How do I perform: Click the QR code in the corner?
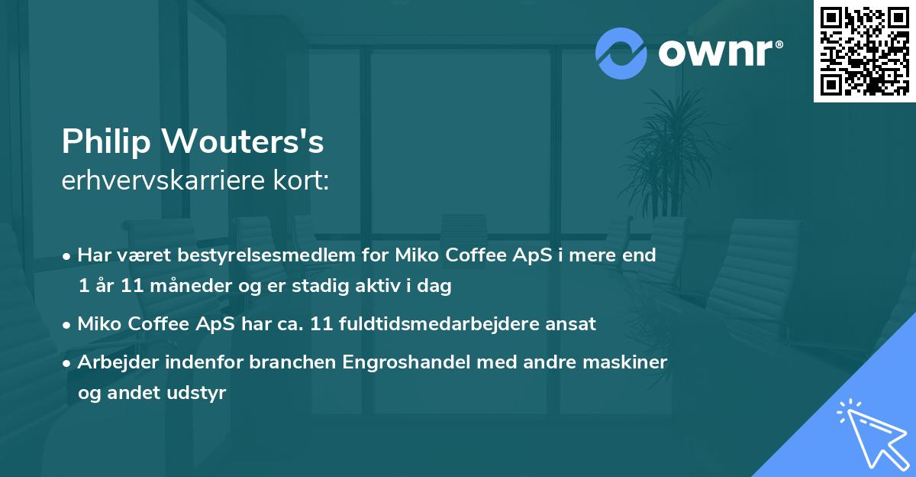click(865, 50)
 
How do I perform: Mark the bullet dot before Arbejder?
click(68, 362)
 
